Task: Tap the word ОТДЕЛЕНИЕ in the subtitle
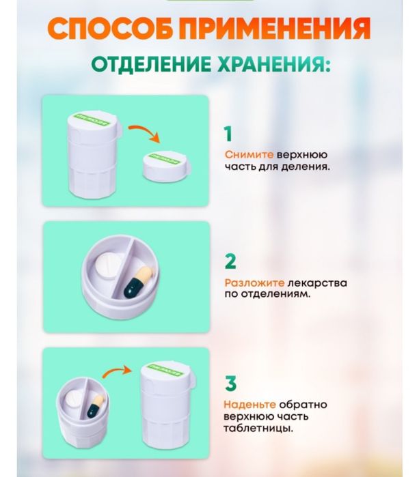click(144, 67)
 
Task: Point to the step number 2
click(230, 261)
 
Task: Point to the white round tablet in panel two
click(107, 268)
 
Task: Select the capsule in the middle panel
click(138, 282)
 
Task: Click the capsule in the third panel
click(95, 407)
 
